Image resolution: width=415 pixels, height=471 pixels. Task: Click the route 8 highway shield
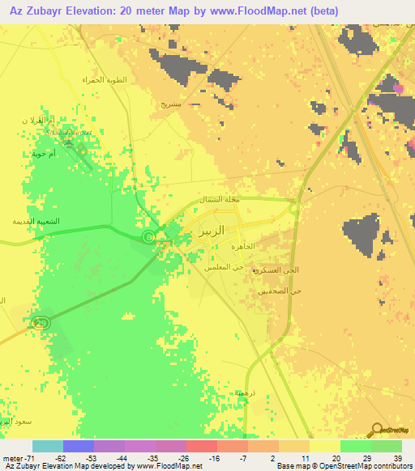pos(148,236)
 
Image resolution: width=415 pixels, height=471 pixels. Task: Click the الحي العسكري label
pos(272,269)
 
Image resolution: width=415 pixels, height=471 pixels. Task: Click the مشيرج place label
pos(169,103)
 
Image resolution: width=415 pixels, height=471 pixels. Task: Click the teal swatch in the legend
pos(48,446)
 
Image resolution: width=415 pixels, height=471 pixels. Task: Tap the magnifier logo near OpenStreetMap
pos(377,430)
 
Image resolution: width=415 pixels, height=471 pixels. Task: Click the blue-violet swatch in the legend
pos(79,446)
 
